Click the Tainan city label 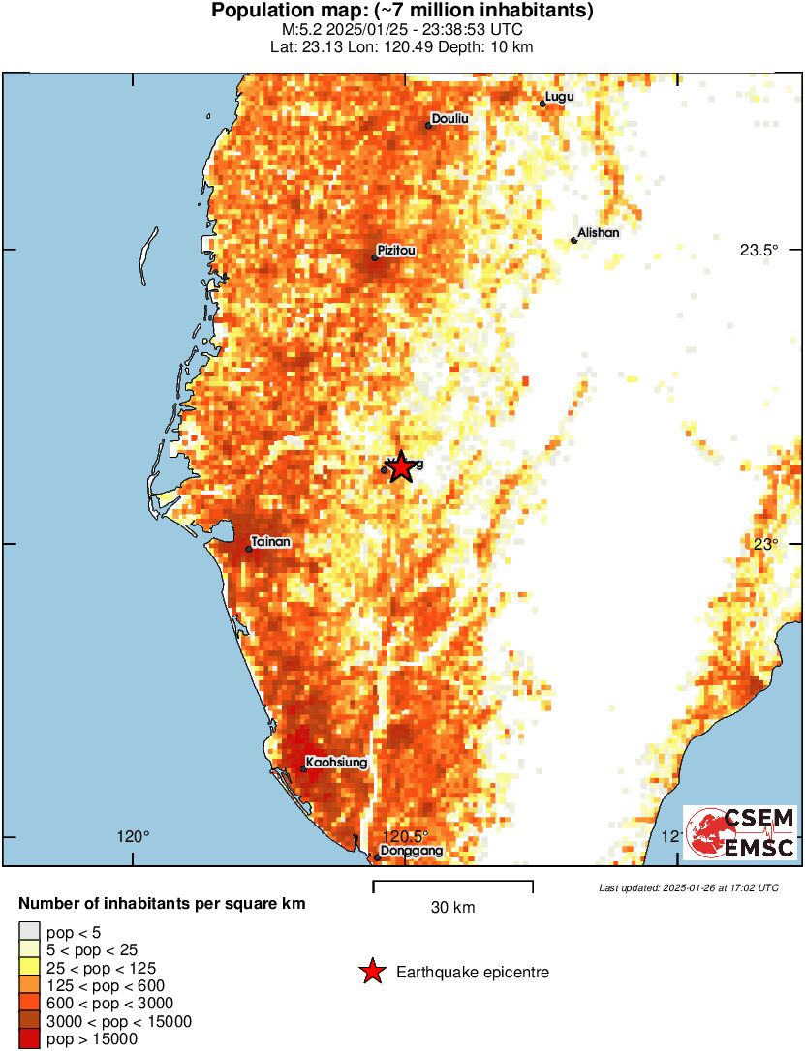pyautogui.click(x=270, y=543)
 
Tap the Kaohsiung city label pyautogui.click(x=336, y=763)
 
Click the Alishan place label pyautogui.click(x=598, y=233)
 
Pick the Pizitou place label pyautogui.click(x=397, y=251)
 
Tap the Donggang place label pyautogui.click(x=412, y=851)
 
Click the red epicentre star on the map pyautogui.click(x=400, y=467)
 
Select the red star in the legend pyautogui.click(x=372, y=972)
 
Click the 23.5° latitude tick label pyautogui.click(x=759, y=250)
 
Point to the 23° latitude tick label pyautogui.click(x=766, y=544)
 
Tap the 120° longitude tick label pyautogui.click(x=133, y=837)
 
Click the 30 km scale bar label pyautogui.click(x=452, y=908)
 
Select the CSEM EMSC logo pyautogui.click(x=741, y=832)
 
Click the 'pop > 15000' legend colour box pyautogui.click(x=31, y=1039)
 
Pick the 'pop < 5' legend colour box pyautogui.click(x=31, y=932)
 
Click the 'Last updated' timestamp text pyautogui.click(x=688, y=887)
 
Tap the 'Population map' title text pyautogui.click(x=402, y=12)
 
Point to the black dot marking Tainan pyautogui.click(x=249, y=549)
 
